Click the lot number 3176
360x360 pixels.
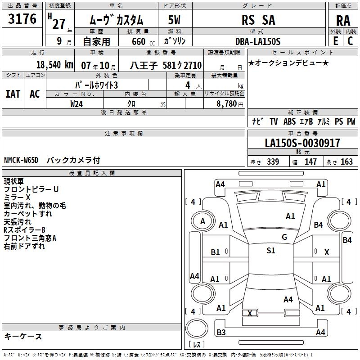click(22, 19)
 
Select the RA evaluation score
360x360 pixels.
click(343, 20)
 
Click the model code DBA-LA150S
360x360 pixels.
click(258, 41)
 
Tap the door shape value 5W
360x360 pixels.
click(175, 20)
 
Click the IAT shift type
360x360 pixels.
click(13, 94)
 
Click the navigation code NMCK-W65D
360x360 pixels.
click(22, 160)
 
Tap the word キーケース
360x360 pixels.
click(23, 336)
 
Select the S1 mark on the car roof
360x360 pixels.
click(270, 251)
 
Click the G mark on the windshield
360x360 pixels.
click(284, 237)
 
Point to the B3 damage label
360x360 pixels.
click(221, 332)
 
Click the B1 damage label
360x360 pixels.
click(216, 252)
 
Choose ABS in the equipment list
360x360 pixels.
click(290, 121)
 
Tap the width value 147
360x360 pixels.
click(310, 162)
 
